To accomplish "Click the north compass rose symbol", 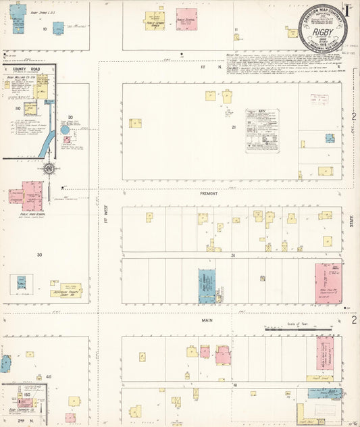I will point(49,168).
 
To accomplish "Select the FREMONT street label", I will point(208,193).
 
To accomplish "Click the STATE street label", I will point(351,221).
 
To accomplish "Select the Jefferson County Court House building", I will point(66,290).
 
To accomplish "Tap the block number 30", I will point(39,255).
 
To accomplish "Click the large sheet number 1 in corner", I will point(348,10).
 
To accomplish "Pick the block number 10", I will point(45,29).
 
